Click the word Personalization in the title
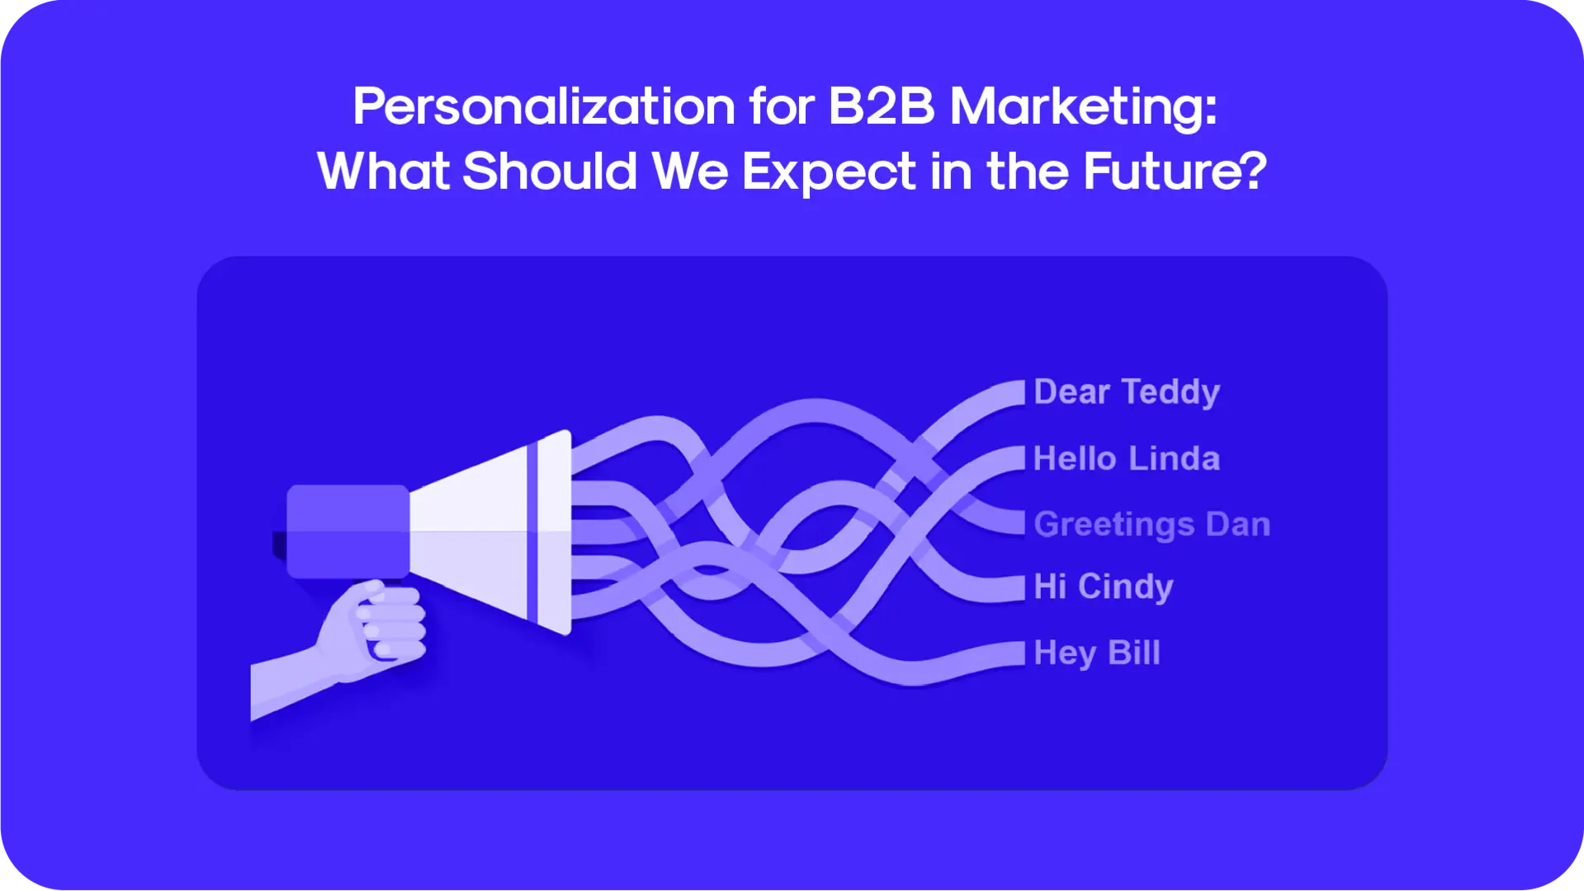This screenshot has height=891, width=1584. point(544,107)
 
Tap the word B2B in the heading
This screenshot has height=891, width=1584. point(882,106)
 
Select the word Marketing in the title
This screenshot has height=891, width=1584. point(1083,108)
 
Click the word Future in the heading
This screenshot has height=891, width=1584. point(1164,171)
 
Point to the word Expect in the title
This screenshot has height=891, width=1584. point(829,172)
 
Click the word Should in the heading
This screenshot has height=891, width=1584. point(550,171)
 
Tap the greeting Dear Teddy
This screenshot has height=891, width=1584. point(1127,392)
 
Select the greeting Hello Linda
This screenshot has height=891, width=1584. point(1127,458)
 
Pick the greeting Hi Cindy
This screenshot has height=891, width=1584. point(1104,587)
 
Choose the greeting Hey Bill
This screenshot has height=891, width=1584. point(1097,653)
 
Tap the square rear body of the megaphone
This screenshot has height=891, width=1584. point(348,531)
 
